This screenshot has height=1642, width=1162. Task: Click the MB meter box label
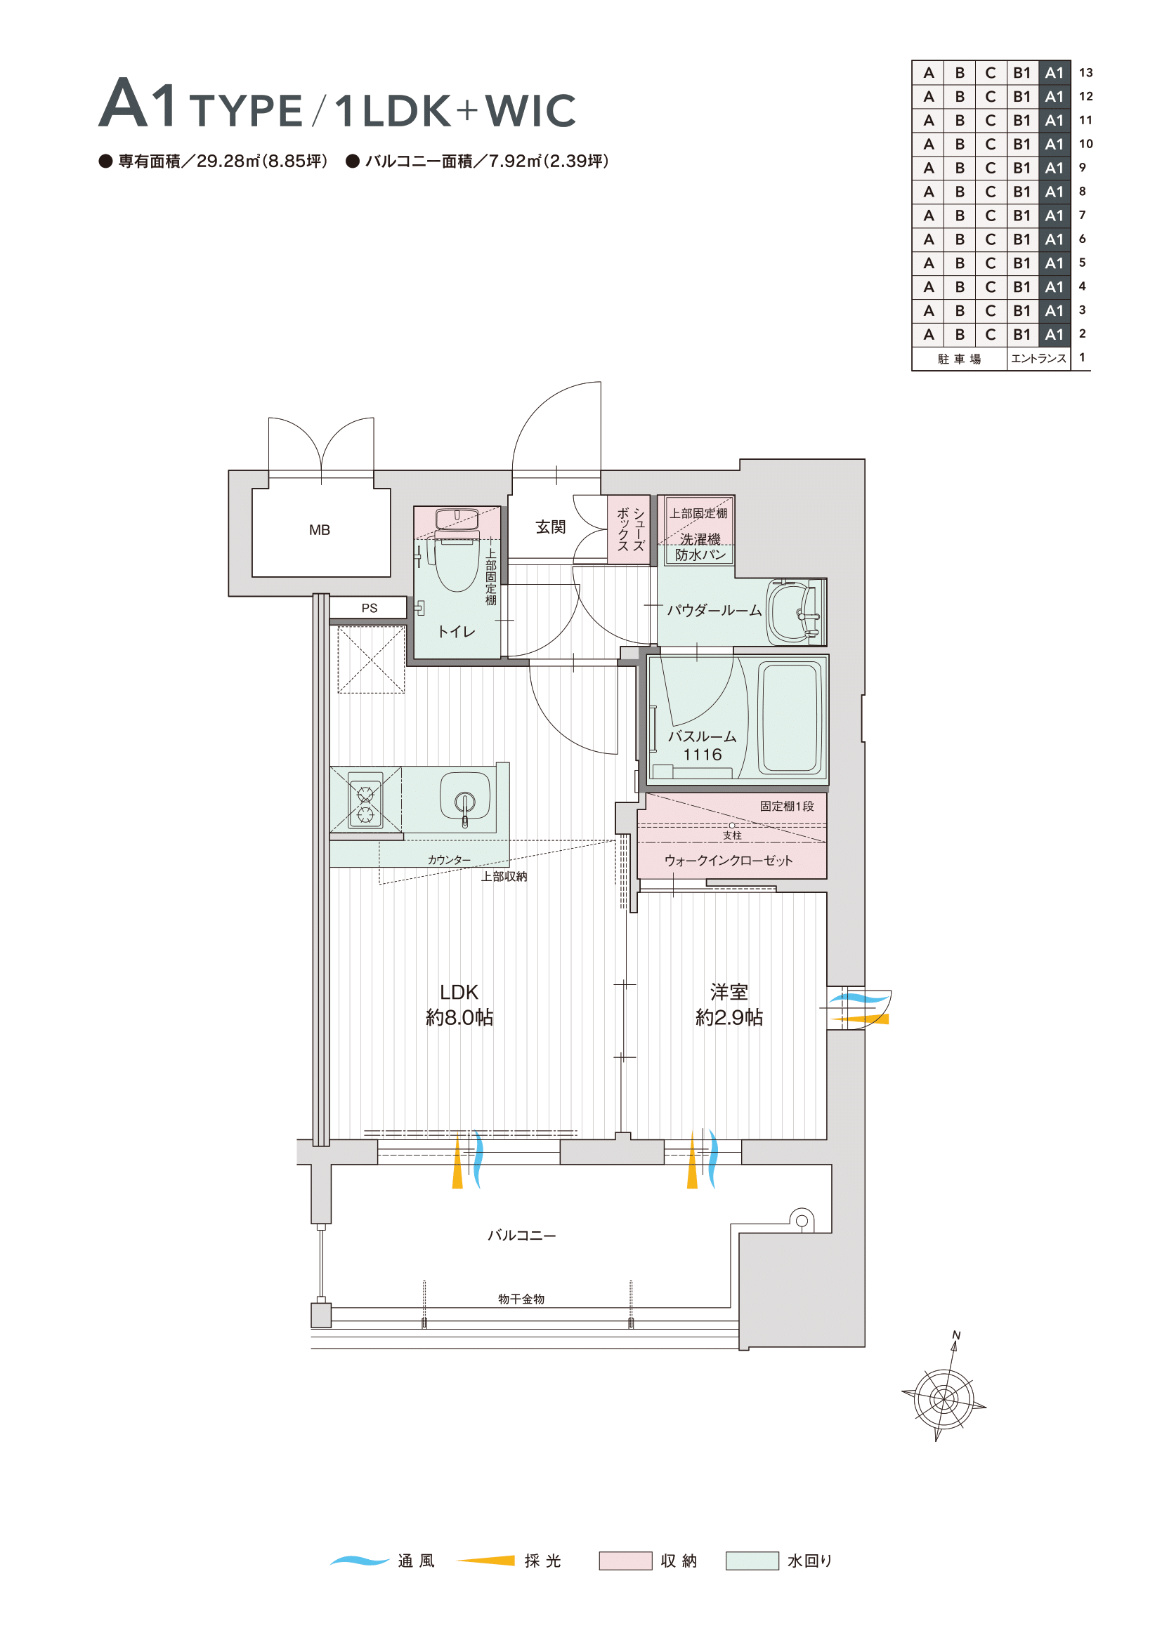[x=319, y=530]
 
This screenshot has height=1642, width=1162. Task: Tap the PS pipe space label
[x=370, y=608]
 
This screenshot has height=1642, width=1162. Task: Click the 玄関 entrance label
[x=550, y=527]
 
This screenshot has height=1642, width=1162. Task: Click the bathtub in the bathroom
[x=790, y=718]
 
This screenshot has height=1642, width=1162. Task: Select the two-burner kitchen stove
[x=365, y=800]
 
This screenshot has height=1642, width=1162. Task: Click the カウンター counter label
[x=450, y=860]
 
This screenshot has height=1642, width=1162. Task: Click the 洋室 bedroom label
[x=729, y=992]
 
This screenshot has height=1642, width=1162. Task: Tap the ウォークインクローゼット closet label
[x=729, y=861]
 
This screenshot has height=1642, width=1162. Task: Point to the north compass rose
[x=944, y=1398]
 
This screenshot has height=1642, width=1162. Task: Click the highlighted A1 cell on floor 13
[x=1054, y=72]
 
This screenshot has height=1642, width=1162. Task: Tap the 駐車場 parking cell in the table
[x=960, y=359]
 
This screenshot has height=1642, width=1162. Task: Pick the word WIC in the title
[x=530, y=110]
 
